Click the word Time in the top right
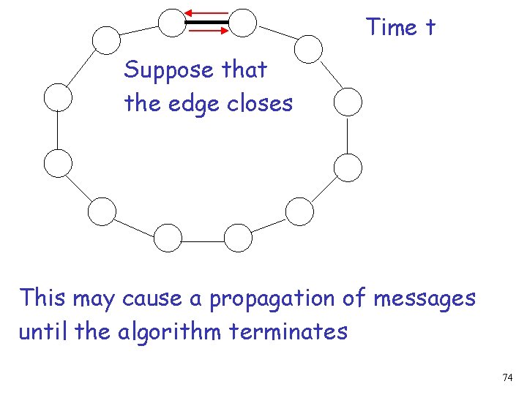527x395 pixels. [392, 27]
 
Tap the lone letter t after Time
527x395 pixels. [429, 28]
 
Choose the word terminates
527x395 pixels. [288, 331]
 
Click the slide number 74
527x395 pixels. [507, 377]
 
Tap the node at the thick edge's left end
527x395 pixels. [173, 23]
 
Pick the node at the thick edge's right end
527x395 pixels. [242, 23]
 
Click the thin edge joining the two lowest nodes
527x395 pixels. [203, 238]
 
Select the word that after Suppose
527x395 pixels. [244, 71]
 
